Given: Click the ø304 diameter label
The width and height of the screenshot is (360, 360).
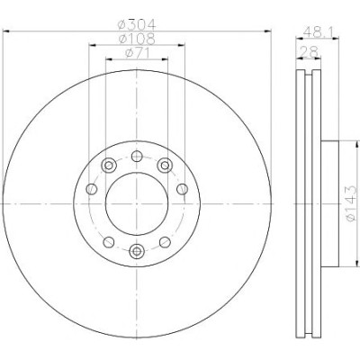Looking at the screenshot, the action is click(137, 24).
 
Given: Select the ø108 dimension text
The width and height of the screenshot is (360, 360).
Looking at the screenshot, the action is click(137, 39).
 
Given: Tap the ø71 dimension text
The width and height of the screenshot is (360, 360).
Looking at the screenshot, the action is click(137, 53).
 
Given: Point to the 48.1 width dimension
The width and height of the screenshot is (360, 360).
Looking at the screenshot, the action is click(317, 31).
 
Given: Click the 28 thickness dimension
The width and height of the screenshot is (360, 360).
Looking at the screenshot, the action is click(309, 52).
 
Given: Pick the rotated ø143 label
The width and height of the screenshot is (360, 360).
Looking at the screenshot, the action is click(351, 203).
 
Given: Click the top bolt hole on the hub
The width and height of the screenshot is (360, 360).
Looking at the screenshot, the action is click(137, 156).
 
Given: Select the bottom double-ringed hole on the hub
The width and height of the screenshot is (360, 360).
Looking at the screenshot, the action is click(137, 251).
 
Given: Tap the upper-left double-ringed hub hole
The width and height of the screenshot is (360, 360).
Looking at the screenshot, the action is click(109, 166).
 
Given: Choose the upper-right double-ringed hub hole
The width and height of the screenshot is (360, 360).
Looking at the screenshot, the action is click(165, 166).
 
